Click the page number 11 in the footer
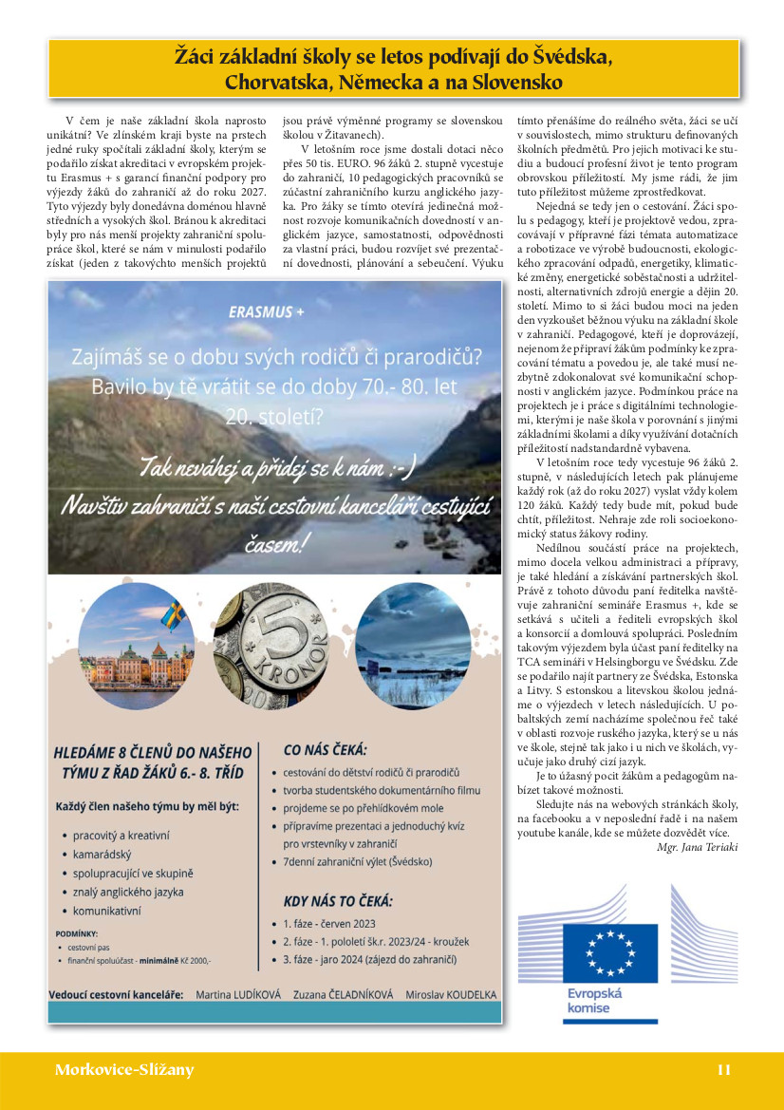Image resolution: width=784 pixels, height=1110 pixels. (x=723, y=1070)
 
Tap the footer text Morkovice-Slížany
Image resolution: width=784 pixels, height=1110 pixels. (x=123, y=1070)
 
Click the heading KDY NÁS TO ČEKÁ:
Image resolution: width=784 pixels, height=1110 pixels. (x=337, y=901)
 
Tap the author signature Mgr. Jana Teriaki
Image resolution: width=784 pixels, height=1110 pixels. (x=697, y=846)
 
